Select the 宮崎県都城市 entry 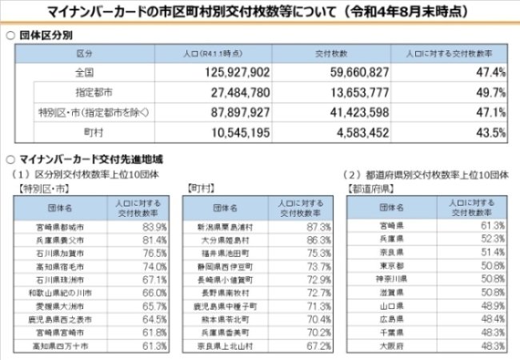[x=59, y=226]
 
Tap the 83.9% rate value [x=153, y=226]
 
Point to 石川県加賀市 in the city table [x=59, y=253]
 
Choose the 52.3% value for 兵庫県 [x=490, y=238]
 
